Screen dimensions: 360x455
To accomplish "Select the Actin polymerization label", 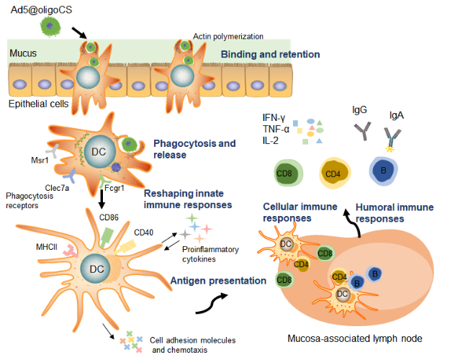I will pos(229,36).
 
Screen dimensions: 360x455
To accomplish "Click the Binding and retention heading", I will pos(270,54).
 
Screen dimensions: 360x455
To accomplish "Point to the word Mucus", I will pos(23,53).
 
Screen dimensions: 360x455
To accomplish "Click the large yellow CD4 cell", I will pos(334,174).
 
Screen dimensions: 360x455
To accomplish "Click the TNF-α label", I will pos(276,129).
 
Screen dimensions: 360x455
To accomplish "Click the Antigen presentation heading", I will pos(219,280).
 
